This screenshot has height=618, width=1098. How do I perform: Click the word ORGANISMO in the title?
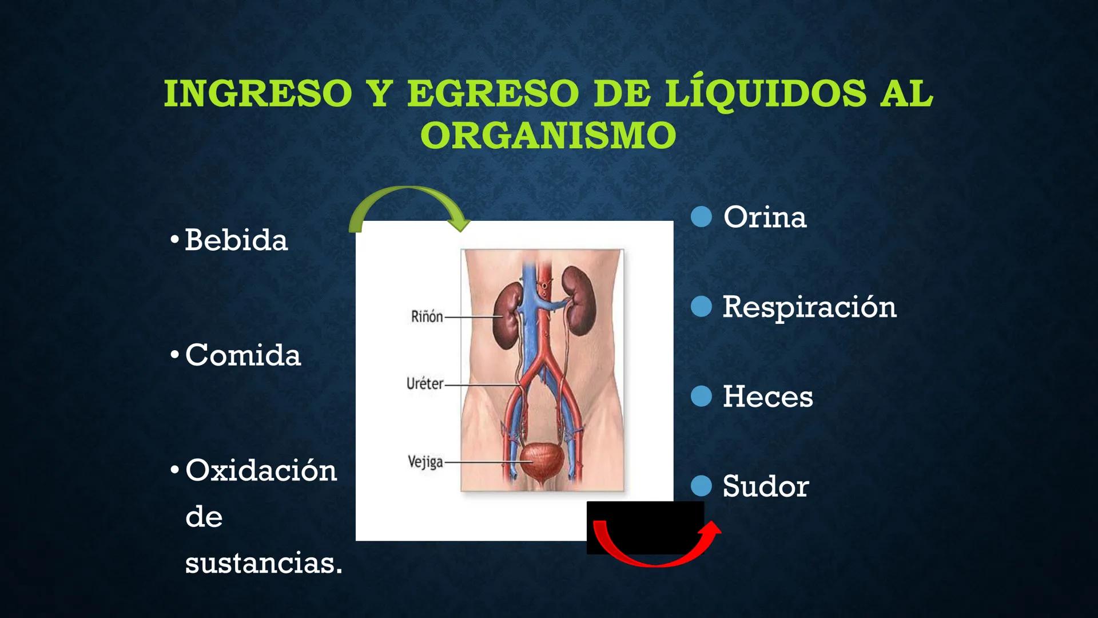548,136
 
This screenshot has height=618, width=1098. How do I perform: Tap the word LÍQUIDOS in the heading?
766,94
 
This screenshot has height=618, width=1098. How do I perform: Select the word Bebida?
236,240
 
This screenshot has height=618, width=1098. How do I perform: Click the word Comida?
242,355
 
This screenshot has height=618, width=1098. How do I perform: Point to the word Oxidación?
261,470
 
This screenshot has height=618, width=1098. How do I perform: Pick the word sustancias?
263,563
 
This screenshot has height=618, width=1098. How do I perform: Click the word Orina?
765,217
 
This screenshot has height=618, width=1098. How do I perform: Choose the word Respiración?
809,307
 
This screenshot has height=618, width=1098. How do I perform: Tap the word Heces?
767,397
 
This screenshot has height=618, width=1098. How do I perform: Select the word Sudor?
765,486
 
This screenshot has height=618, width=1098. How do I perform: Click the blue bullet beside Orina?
701,217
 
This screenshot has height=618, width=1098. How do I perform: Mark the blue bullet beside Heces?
701,396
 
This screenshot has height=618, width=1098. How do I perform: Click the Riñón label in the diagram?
427,316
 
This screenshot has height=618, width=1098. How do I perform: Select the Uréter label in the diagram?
424,384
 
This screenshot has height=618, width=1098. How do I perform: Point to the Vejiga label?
425,462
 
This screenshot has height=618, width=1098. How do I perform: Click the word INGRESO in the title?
258,94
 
